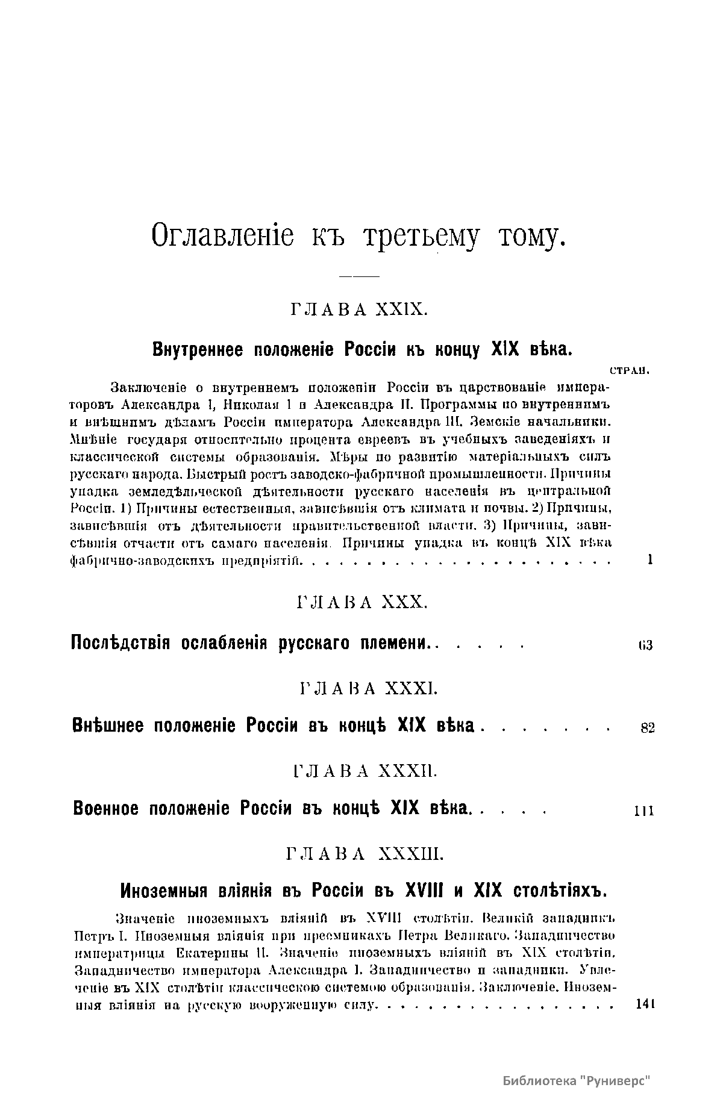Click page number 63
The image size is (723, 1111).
click(645, 646)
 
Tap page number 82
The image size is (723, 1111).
click(647, 728)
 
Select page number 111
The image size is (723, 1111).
click(643, 812)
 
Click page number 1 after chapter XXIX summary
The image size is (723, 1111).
click(650, 560)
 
